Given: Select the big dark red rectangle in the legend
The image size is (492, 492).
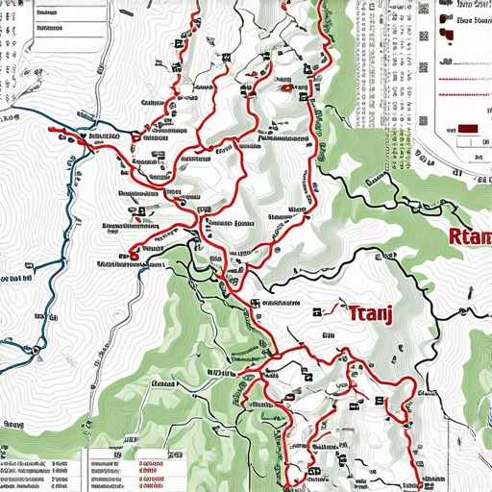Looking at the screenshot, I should [x=468, y=128].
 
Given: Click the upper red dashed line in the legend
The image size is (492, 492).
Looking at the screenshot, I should [x=463, y=60].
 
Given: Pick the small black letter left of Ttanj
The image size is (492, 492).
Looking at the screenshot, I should [x=316, y=310].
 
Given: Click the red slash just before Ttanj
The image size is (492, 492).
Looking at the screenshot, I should [x=332, y=308].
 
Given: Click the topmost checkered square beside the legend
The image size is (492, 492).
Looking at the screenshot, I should [x=422, y=10].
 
